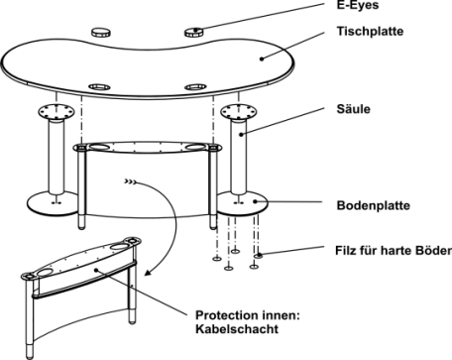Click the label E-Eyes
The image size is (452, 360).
[358, 5]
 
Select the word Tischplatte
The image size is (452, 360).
[370, 31]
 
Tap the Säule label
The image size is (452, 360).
[353, 109]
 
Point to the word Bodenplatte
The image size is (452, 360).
[374, 205]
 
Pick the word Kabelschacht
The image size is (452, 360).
[237, 329]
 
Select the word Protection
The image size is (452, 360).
[227, 315]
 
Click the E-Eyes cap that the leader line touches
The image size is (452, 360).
[193, 32]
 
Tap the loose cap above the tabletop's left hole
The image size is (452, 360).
[101, 33]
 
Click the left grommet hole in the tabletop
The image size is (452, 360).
[99, 87]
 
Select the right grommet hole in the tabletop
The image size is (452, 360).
[195, 87]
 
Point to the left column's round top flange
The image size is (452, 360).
[56, 112]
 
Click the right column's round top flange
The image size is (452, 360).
[239, 111]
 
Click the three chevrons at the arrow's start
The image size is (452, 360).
[130, 181]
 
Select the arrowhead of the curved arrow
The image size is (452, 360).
[148, 273]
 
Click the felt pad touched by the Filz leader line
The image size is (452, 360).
[259, 255]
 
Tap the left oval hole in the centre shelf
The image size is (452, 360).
[100, 146]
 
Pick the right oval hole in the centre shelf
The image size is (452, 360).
[196, 147]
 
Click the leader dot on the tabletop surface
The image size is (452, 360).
[262, 59]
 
